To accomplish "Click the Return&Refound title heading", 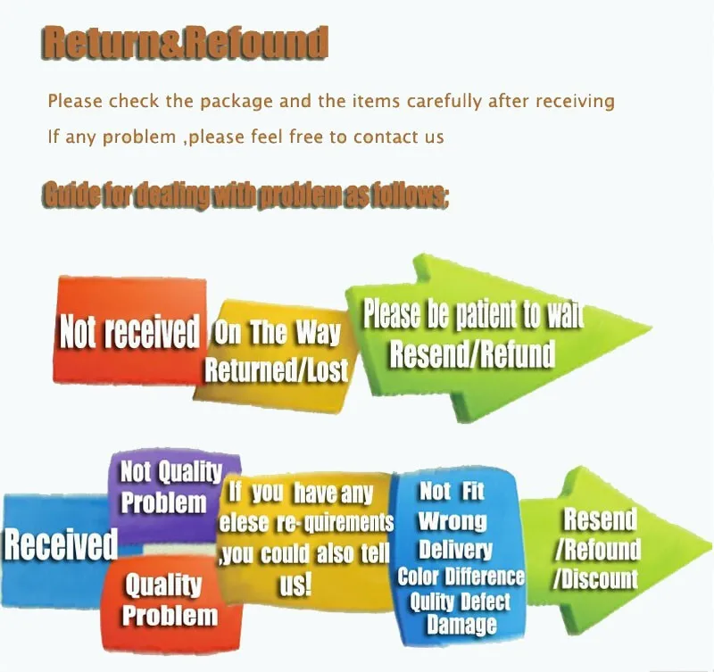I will tap(185, 42).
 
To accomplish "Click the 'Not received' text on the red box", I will tap(129, 332).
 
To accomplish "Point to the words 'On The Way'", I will tap(277, 334).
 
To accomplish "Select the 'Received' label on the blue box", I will tap(61, 544).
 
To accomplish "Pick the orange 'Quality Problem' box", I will tap(169, 600).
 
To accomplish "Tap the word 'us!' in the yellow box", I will tap(295, 585).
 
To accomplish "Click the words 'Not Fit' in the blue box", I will tap(451, 491).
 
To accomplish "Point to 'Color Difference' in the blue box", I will tap(461, 576).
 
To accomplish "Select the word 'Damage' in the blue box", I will tap(461, 625).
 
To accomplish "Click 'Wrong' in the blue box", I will tap(452, 520).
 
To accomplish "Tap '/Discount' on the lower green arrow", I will tap(595, 577).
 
